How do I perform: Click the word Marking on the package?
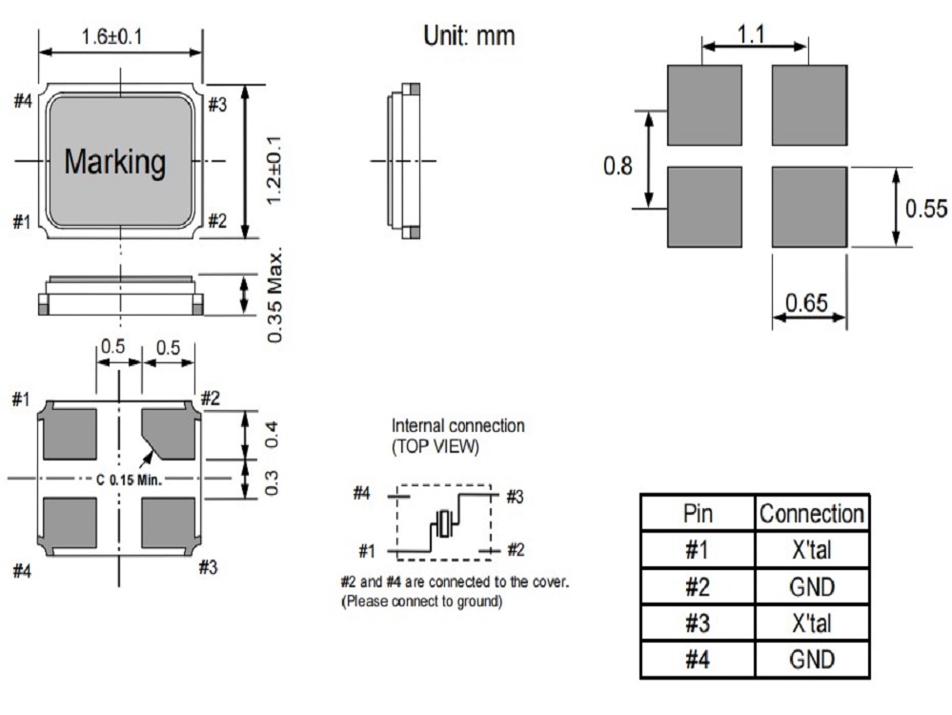114,162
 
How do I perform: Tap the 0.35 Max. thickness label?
275,296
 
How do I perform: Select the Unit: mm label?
468,36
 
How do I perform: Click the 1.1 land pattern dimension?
755,34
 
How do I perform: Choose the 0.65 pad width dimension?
808,304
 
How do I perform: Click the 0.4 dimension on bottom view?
274,436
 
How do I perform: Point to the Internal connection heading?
457,425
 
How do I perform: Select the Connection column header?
811,514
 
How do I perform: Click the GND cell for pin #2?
811,586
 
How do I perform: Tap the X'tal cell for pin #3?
811,623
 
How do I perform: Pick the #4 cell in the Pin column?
698,660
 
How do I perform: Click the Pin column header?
698,514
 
